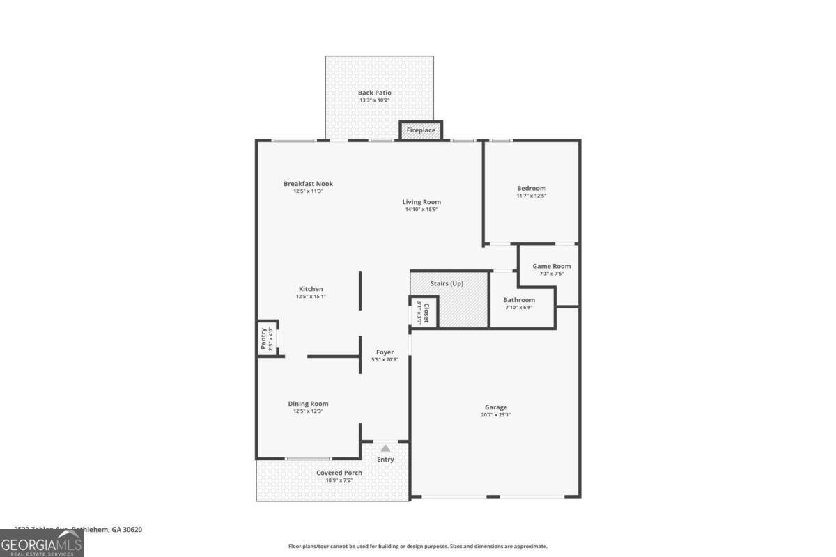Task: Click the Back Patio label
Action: click(375, 93)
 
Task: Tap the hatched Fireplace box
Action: click(421, 130)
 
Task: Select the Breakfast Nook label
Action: click(308, 184)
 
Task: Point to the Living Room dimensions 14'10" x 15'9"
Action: click(421, 210)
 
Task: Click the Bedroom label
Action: click(531, 188)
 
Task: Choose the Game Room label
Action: click(551, 266)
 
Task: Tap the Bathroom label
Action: click(519, 300)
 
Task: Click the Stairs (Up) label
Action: click(447, 283)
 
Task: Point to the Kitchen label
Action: click(311, 289)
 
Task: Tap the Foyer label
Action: click(385, 352)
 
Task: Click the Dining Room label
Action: click(308, 404)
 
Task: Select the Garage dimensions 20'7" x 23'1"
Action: click(496, 415)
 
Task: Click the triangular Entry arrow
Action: click(385, 448)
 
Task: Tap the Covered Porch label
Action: click(339, 473)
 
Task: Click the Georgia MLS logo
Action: click(42, 544)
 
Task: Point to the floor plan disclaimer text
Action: click(418, 547)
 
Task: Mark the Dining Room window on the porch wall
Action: click(308, 458)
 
